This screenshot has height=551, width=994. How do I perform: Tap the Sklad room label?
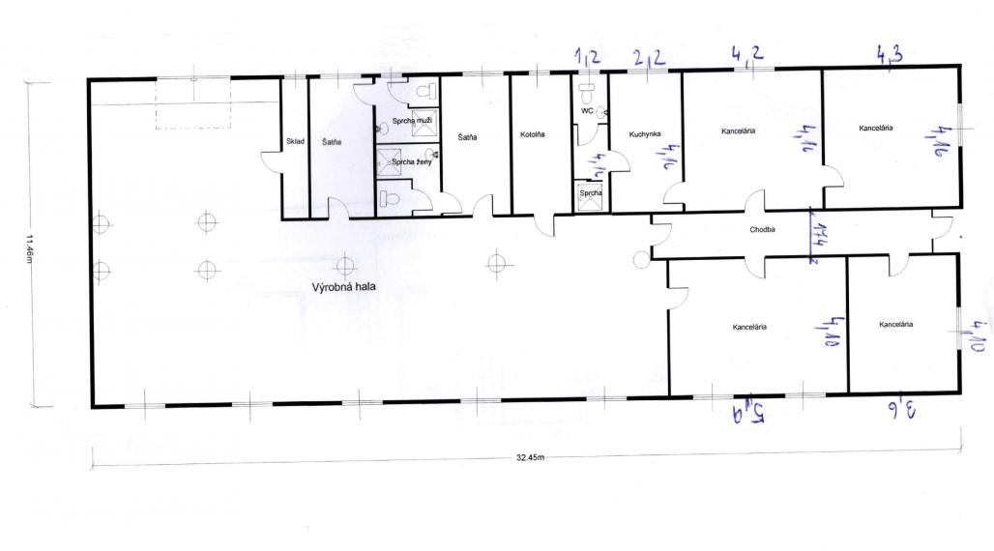(295, 142)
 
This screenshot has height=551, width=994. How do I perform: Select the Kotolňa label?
(533, 134)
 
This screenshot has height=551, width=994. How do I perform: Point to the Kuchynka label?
(643, 134)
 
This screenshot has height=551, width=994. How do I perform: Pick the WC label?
(586, 111)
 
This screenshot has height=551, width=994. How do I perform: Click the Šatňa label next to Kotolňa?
(468, 136)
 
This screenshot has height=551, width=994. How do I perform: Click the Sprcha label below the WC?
(590, 192)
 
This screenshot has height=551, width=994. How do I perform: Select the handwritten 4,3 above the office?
(890, 55)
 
